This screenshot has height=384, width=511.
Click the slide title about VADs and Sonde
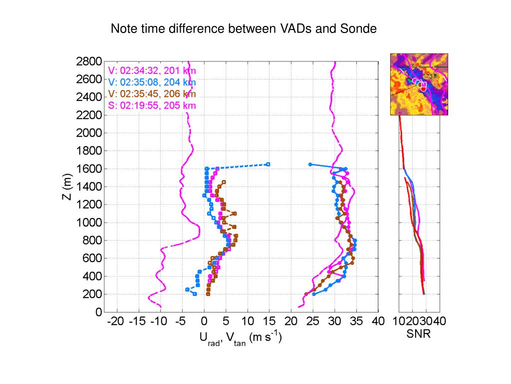coord(243,29)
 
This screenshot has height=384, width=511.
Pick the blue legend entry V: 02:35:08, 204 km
coord(152,82)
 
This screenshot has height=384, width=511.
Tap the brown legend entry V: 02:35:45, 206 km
coord(152,93)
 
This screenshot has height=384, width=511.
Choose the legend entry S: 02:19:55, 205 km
coord(152,105)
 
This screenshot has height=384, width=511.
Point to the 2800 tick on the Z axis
coord(89,61)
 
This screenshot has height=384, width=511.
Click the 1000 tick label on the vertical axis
coord(89,222)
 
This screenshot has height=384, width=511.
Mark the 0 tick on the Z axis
coord(98,312)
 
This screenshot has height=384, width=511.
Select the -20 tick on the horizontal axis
coord(115,321)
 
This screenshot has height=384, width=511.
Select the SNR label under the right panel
coord(418,334)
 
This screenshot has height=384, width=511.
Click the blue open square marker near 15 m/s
coord(268,164)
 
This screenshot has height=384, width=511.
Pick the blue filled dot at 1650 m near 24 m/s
coord(310,164)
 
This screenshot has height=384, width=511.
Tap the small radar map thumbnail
coord(419,84)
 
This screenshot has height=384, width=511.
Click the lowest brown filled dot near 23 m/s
coord(306,294)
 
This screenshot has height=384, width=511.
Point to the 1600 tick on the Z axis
coord(89,169)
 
